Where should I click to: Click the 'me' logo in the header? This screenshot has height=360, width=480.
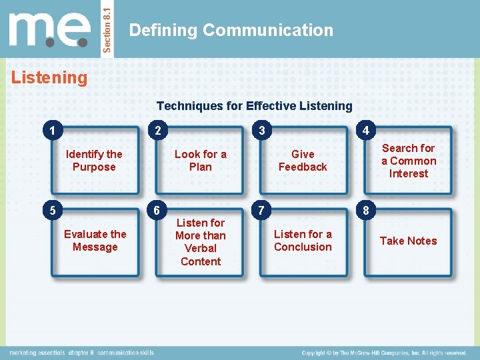50,30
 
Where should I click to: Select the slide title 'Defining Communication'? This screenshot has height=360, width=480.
231,30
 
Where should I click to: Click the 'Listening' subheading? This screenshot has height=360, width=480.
49,78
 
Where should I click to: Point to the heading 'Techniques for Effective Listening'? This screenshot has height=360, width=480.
254,106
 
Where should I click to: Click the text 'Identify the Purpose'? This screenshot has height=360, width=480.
94,161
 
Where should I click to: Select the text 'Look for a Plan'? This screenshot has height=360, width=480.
200,161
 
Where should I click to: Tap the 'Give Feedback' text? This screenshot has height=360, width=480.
303,161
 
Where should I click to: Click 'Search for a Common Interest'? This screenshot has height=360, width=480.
408,161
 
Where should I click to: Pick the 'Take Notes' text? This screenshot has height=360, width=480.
408,241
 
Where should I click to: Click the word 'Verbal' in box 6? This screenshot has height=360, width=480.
200,249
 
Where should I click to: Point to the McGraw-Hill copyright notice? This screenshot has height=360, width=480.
383,353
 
